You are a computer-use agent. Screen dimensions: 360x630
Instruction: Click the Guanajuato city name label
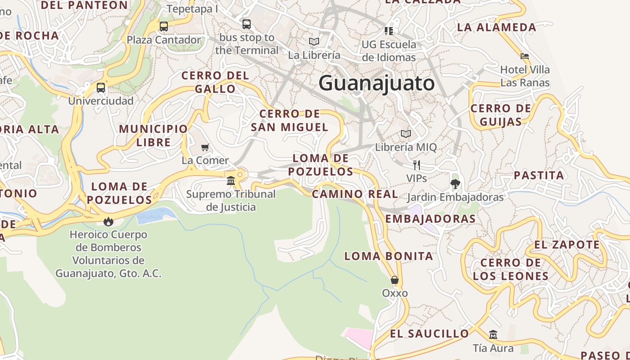point(377,83)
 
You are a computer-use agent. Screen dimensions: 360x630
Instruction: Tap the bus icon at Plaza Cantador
point(164,26)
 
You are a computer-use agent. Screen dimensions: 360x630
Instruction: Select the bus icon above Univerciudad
point(101,87)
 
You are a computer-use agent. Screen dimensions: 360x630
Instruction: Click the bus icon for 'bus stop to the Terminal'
point(247,24)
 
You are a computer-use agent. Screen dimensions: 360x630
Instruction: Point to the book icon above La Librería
point(314,41)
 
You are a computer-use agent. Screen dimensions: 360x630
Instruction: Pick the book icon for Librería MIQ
point(406,134)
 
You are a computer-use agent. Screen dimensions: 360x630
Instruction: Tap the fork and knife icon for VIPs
point(417,165)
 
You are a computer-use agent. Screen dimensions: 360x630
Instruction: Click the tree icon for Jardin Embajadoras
point(455,184)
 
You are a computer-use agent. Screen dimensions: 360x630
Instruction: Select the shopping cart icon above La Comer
point(205,147)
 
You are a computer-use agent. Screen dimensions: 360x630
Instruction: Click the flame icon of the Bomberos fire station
point(108,221)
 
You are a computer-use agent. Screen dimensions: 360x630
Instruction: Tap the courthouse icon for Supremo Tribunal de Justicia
point(231,180)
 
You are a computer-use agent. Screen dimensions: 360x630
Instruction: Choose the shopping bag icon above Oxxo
point(395,280)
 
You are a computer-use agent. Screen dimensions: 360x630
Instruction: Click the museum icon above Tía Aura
point(493,334)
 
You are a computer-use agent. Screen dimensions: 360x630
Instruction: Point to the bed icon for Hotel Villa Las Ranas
point(525,56)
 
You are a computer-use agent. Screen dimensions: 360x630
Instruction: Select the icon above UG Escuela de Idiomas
point(389,31)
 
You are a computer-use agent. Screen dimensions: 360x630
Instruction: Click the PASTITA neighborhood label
point(539,175)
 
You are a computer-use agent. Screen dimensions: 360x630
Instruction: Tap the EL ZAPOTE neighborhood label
point(567,245)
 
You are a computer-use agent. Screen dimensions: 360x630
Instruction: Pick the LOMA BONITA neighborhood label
point(388,256)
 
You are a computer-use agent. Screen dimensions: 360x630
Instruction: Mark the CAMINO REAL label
point(355,194)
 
